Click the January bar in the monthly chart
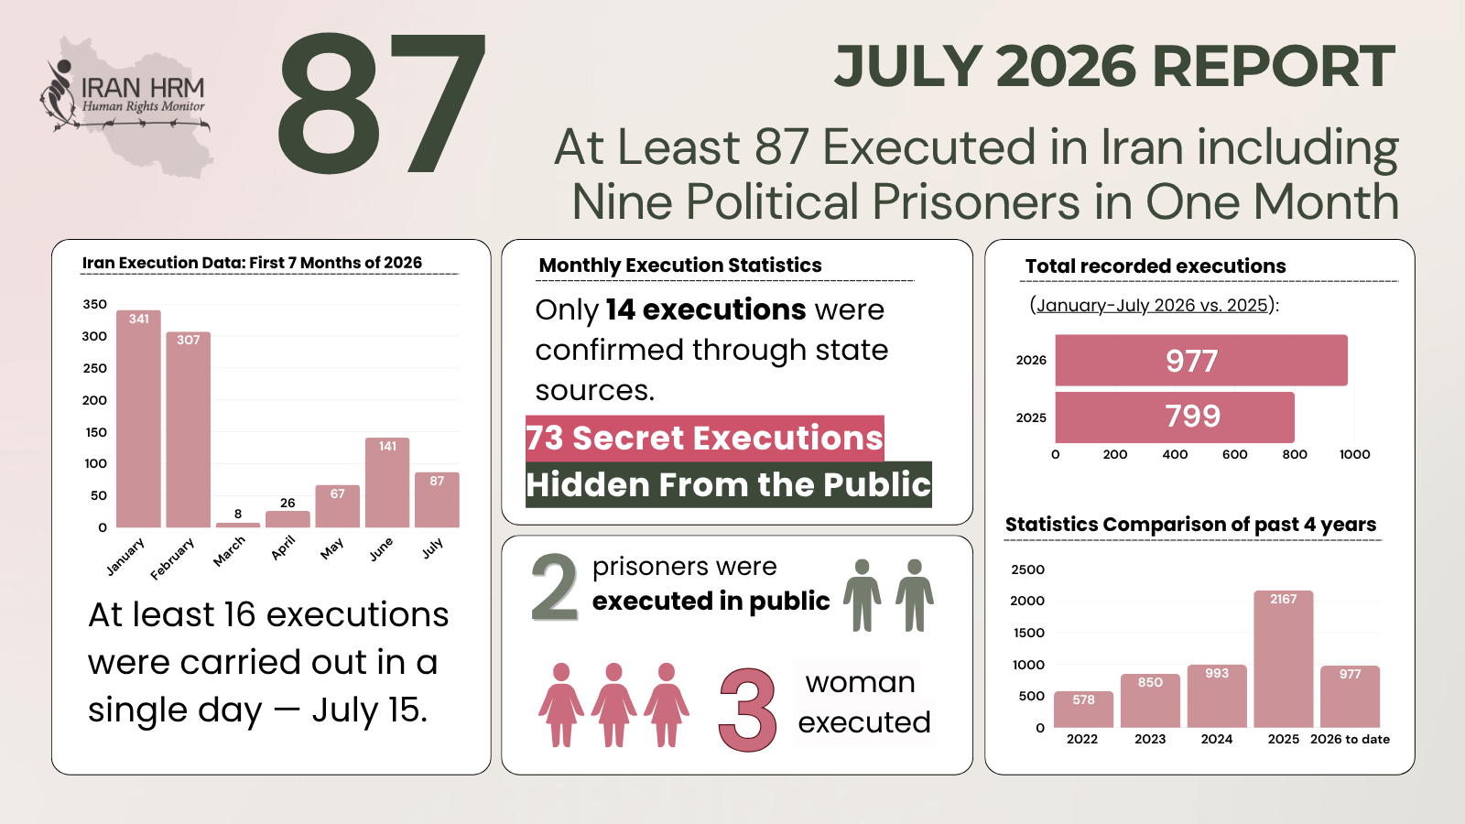coord(138,418)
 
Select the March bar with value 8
coord(238,525)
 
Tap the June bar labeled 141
coord(387,482)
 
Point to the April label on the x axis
coord(284,548)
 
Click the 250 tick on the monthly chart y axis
coord(94,368)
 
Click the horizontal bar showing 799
coord(1175,417)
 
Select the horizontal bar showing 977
coord(1201,361)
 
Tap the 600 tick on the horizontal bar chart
coord(1235,454)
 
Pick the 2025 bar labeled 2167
coord(1283,658)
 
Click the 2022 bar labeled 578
coord(1083,710)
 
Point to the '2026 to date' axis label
coord(1350,739)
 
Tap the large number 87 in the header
coord(382,103)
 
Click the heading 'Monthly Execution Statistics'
coord(680,265)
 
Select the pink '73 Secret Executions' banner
coord(705,439)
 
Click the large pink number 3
coord(747,710)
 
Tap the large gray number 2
coord(555,587)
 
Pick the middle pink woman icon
coord(613,704)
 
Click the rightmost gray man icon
coord(915,595)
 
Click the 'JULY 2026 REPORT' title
coord(1115,67)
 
